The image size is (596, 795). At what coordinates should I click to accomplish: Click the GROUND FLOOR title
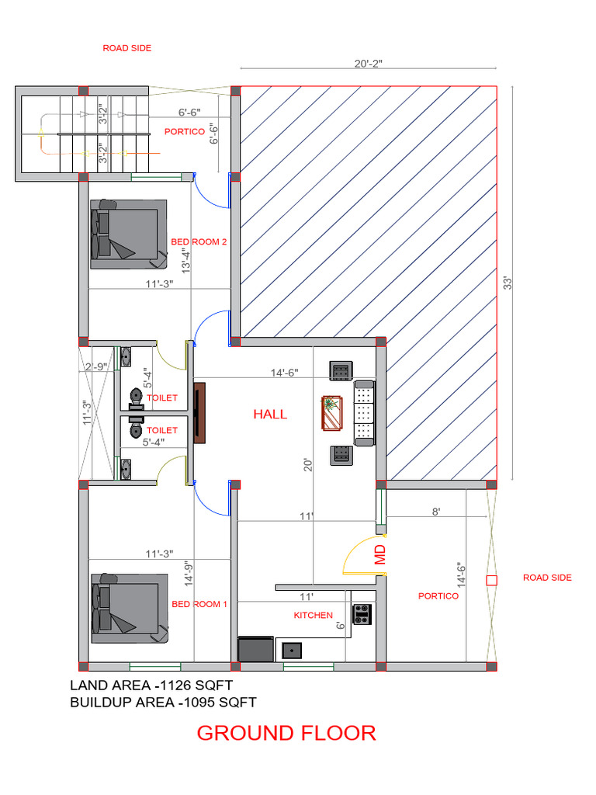286,732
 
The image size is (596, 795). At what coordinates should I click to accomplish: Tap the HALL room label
270,415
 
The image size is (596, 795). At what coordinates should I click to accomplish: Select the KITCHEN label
313,615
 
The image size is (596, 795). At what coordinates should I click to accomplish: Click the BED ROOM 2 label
199,242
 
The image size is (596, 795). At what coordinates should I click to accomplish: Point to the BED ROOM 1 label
199,604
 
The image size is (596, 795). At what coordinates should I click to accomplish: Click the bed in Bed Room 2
128,234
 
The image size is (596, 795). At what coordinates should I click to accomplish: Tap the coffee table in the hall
331,413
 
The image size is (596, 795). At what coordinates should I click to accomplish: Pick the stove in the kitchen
362,614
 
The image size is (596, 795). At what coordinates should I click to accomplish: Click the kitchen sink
293,649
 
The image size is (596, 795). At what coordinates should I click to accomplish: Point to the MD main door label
380,554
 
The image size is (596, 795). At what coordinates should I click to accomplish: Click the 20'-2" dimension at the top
368,64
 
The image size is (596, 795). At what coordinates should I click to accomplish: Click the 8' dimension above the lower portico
436,512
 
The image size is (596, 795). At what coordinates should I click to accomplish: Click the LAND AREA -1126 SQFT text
151,685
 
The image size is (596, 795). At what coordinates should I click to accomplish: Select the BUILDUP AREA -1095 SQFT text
163,703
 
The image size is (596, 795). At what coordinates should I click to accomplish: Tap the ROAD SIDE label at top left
127,48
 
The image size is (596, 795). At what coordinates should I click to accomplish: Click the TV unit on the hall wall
199,412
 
